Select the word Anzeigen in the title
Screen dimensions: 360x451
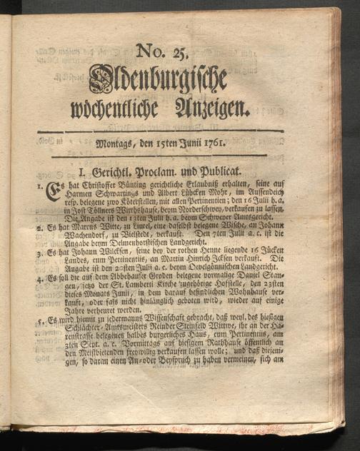pos(210,108)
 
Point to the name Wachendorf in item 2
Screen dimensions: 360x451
pos(76,243)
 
